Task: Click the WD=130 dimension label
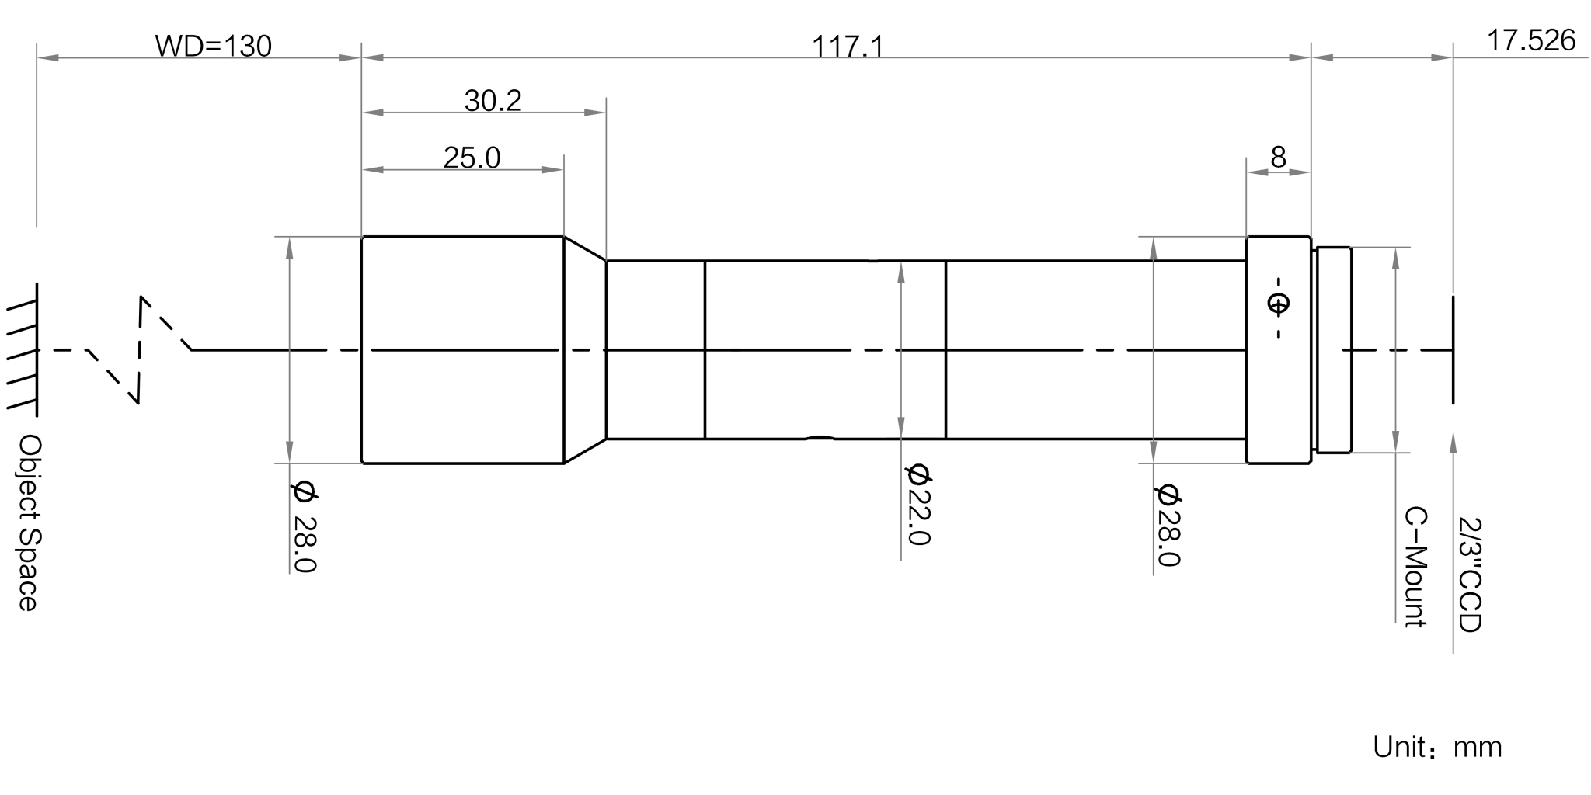click(x=214, y=47)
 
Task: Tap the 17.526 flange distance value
click(x=1531, y=41)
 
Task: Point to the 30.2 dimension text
click(x=493, y=101)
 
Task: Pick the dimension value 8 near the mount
click(x=1278, y=158)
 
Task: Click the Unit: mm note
click(x=1438, y=748)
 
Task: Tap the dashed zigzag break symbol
click(x=140, y=349)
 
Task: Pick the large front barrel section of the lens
click(x=463, y=349)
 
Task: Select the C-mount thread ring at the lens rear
click(x=1333, y=349)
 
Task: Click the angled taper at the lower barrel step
click(x=584, y=450)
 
